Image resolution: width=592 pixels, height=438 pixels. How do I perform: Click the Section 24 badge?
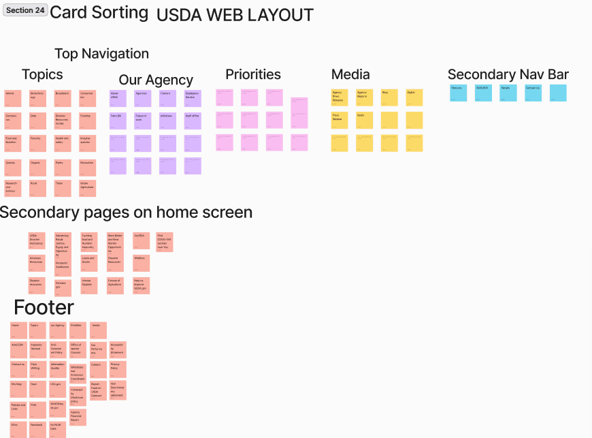pos(25,10)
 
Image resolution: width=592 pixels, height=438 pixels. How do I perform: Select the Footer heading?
pos(44,308)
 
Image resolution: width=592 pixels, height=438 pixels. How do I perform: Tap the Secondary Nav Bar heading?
pos(508,74)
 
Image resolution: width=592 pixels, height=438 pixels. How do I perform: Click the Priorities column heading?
pos(253,74)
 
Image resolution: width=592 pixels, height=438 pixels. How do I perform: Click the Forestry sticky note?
pos(37,143)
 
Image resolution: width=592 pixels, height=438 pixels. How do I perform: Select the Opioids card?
pos(13,168)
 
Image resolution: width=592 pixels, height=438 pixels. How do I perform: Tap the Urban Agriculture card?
pos(87,188)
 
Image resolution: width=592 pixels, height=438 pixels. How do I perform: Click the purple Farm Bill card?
pos(118,121)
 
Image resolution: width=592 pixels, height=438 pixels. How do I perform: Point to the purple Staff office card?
pos(193,121)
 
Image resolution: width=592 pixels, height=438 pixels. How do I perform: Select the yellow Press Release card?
pos(340,121)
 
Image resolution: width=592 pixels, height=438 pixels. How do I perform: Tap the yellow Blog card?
pos(389,98)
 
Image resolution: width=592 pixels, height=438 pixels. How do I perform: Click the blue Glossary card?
pos(459,93)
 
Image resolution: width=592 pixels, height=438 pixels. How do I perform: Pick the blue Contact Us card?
pos(533,93)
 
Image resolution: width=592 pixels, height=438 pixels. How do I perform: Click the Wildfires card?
pos(142,263)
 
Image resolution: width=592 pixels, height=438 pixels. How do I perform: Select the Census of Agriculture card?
pos(115,285)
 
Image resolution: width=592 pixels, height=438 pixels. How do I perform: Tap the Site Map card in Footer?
pos(18,389)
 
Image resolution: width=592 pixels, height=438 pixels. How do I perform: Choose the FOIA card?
pos(37,409)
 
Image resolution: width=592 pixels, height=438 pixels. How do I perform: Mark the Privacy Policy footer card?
pos(117,370)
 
